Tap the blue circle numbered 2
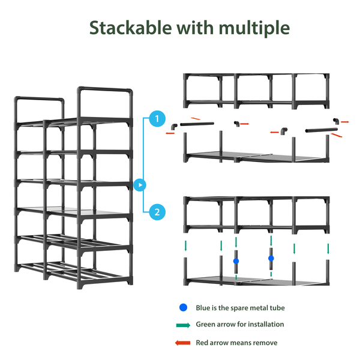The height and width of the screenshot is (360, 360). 157,211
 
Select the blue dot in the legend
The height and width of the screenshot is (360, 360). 183,308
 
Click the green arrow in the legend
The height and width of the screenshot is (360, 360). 183,325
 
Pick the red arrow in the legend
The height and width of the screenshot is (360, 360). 183,343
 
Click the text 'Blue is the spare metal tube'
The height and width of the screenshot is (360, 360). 240,308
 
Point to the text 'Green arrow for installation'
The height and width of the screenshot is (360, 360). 240,325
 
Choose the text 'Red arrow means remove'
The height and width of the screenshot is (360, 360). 236,343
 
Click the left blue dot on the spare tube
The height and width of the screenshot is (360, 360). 236,261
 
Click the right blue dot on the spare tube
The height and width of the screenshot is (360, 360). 271,258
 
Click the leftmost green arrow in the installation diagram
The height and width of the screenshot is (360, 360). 186,246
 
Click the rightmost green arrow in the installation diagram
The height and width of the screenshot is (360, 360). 328,248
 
